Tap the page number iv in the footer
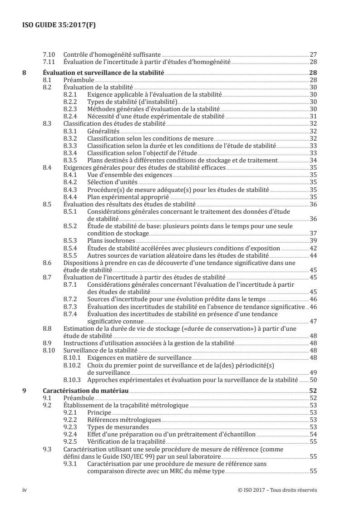point(25,490)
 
